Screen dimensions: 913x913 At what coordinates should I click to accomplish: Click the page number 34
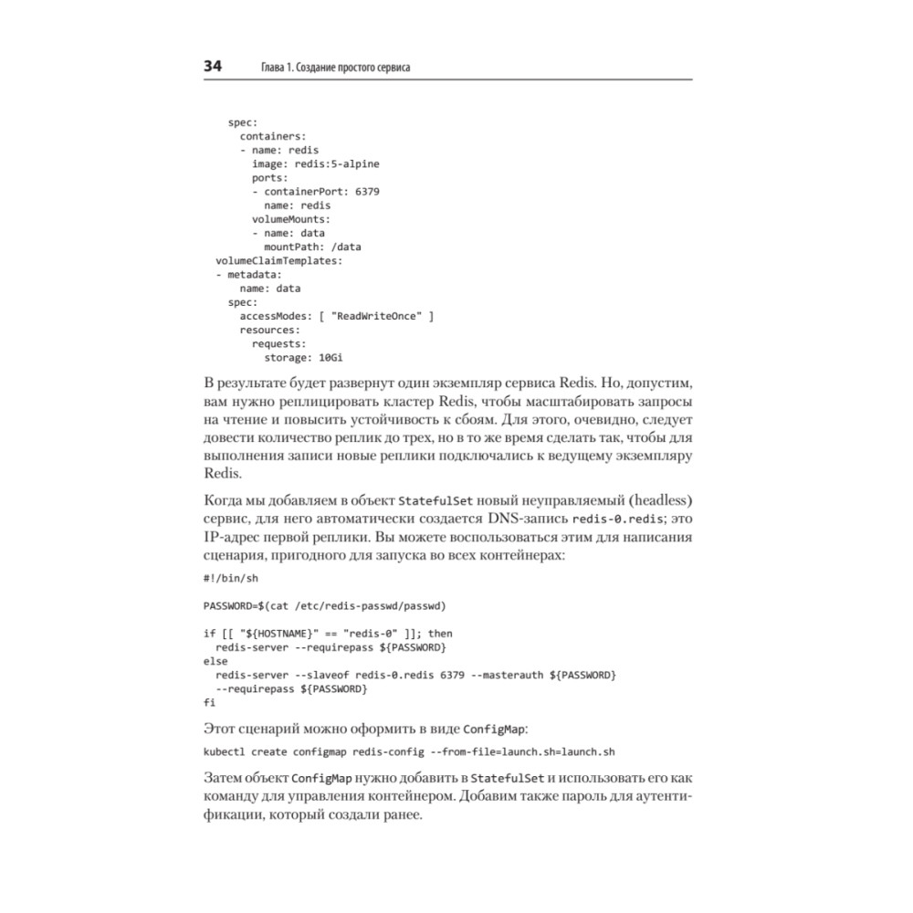click(213, 67)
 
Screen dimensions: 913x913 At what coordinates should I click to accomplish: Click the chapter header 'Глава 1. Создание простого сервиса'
click(335, 68)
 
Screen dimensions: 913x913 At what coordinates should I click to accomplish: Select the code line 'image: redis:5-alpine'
click(315, 163)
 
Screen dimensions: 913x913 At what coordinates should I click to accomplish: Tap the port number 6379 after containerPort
click(367, 192)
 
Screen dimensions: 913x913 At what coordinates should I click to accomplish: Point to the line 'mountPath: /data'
click(312, 247)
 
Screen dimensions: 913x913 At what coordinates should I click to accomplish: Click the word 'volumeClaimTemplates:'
click(278, 260)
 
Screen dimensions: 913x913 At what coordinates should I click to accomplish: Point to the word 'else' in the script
click(215, 660)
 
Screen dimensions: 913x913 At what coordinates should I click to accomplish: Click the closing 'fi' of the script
click(209, 701)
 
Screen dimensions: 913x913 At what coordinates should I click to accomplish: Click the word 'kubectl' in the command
click(224, 751)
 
